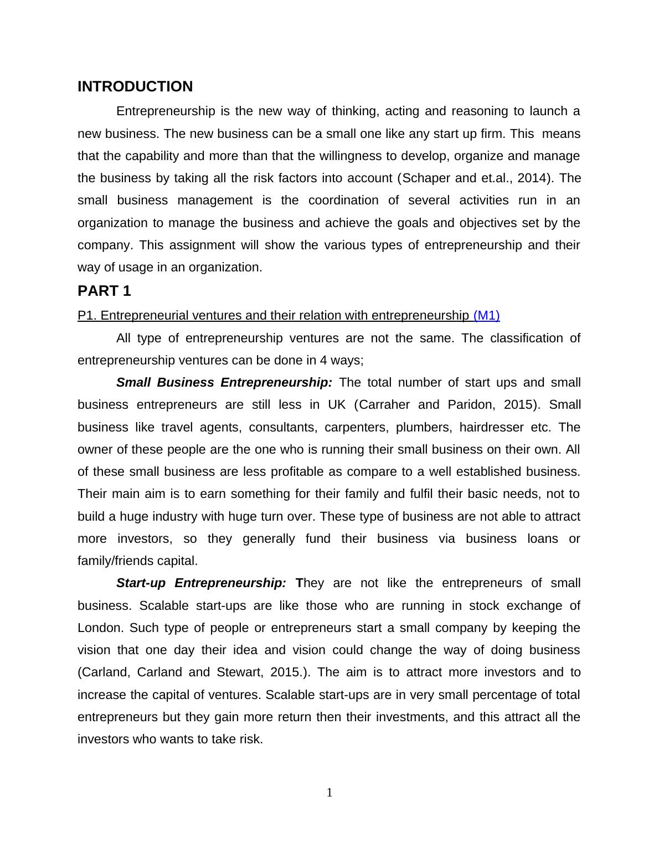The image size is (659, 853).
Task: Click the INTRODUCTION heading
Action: (x=135, y=87)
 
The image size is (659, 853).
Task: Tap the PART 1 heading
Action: (x=104, y=291)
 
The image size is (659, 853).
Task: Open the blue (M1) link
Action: (x=487, y=316)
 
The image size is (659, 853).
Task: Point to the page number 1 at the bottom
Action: (x=329, y=793)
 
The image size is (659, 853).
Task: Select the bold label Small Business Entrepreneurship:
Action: (x=224, y=383)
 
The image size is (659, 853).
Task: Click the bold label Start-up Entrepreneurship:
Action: (x=201, y=583)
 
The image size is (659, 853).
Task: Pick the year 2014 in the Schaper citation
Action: (x=535, y=178)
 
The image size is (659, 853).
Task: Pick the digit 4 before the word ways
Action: (x=323, y=361)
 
